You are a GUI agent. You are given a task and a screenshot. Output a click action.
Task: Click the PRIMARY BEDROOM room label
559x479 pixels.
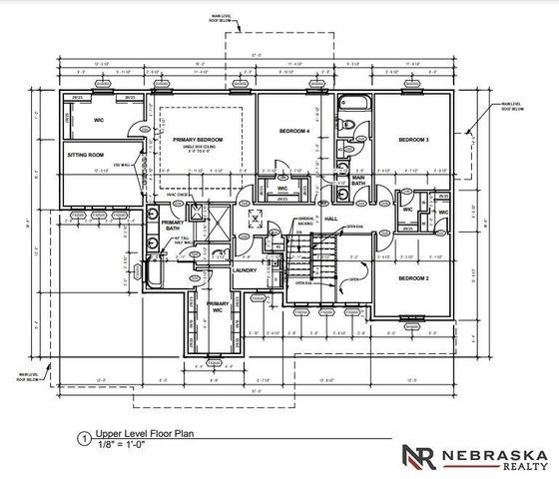pos(197,139)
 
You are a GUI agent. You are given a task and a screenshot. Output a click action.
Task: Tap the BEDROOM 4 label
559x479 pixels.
pos(294,132)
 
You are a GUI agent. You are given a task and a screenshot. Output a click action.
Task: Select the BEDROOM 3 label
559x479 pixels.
pos(413,139)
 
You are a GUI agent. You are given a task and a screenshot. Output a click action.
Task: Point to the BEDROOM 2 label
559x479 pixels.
pos(413,277)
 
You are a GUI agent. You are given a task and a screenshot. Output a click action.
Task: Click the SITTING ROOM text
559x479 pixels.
pos(85,156)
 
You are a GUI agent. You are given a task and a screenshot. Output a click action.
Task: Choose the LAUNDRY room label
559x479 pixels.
pos(245,269)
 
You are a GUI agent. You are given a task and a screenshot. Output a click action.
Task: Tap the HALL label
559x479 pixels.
pos(331,218)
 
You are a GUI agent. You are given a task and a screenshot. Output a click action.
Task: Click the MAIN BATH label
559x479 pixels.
pos(358,180)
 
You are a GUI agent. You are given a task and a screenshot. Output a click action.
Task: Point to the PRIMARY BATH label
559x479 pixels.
pos(173,226)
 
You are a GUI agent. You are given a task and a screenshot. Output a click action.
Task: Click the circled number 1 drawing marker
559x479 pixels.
pos(84,437)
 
